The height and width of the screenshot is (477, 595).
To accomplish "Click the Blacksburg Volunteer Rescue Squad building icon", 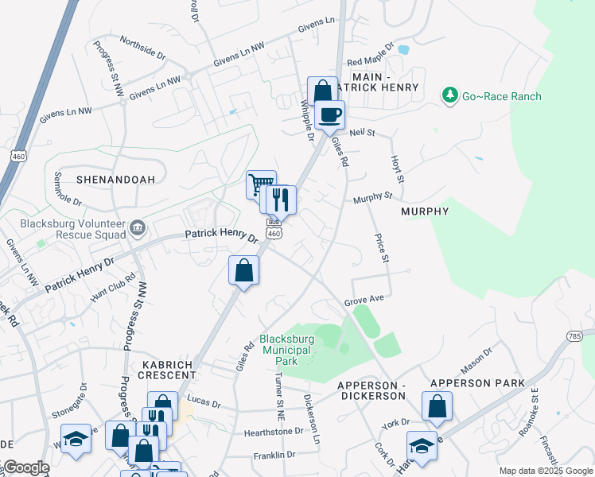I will (138, 229).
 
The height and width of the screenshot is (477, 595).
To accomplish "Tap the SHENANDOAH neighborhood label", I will (116, 180).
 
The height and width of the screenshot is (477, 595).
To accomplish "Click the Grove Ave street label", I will (364, 302).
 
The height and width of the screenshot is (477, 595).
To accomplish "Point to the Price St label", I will (381, 248).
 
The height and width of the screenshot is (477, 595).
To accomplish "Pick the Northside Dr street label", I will (142, 48).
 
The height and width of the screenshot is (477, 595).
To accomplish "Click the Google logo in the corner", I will (25, 467).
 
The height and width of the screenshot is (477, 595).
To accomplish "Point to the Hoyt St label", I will (397, 168).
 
